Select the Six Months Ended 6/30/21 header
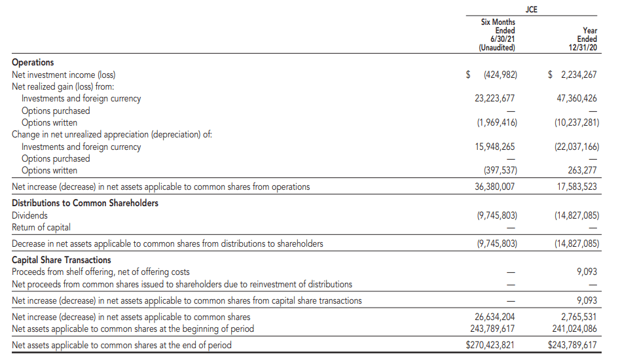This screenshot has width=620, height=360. pyautogui.click(x=498, y=35)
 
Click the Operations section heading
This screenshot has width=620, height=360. pyautogui.click(x=33, y=62)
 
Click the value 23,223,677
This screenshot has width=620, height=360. pyautogui.click(x=495, y=99)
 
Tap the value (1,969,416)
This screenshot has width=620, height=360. pyautogui.click(x=497, y=122)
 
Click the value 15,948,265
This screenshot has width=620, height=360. pyautogui.click(x=495, y=147)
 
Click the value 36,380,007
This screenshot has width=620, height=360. pyautogui.click(x=495, y=187)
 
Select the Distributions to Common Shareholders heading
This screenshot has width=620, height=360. pyautogui.click(x=85, y=203)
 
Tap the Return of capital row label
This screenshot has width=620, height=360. pyautogui.click(x=41, y=227)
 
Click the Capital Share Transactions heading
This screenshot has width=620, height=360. pyautogui.click(x=62, y=260)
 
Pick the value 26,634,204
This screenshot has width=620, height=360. pyautogui.click(x=495, y=317)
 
